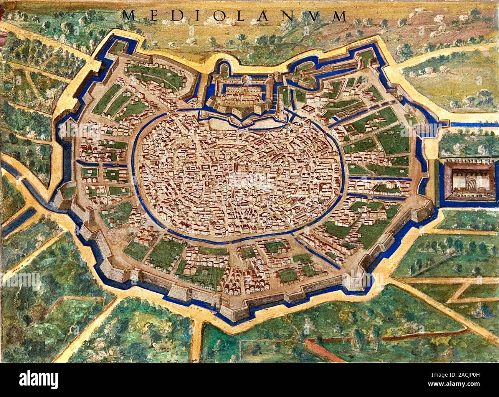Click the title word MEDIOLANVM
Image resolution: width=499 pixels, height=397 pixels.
pos(234,15)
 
